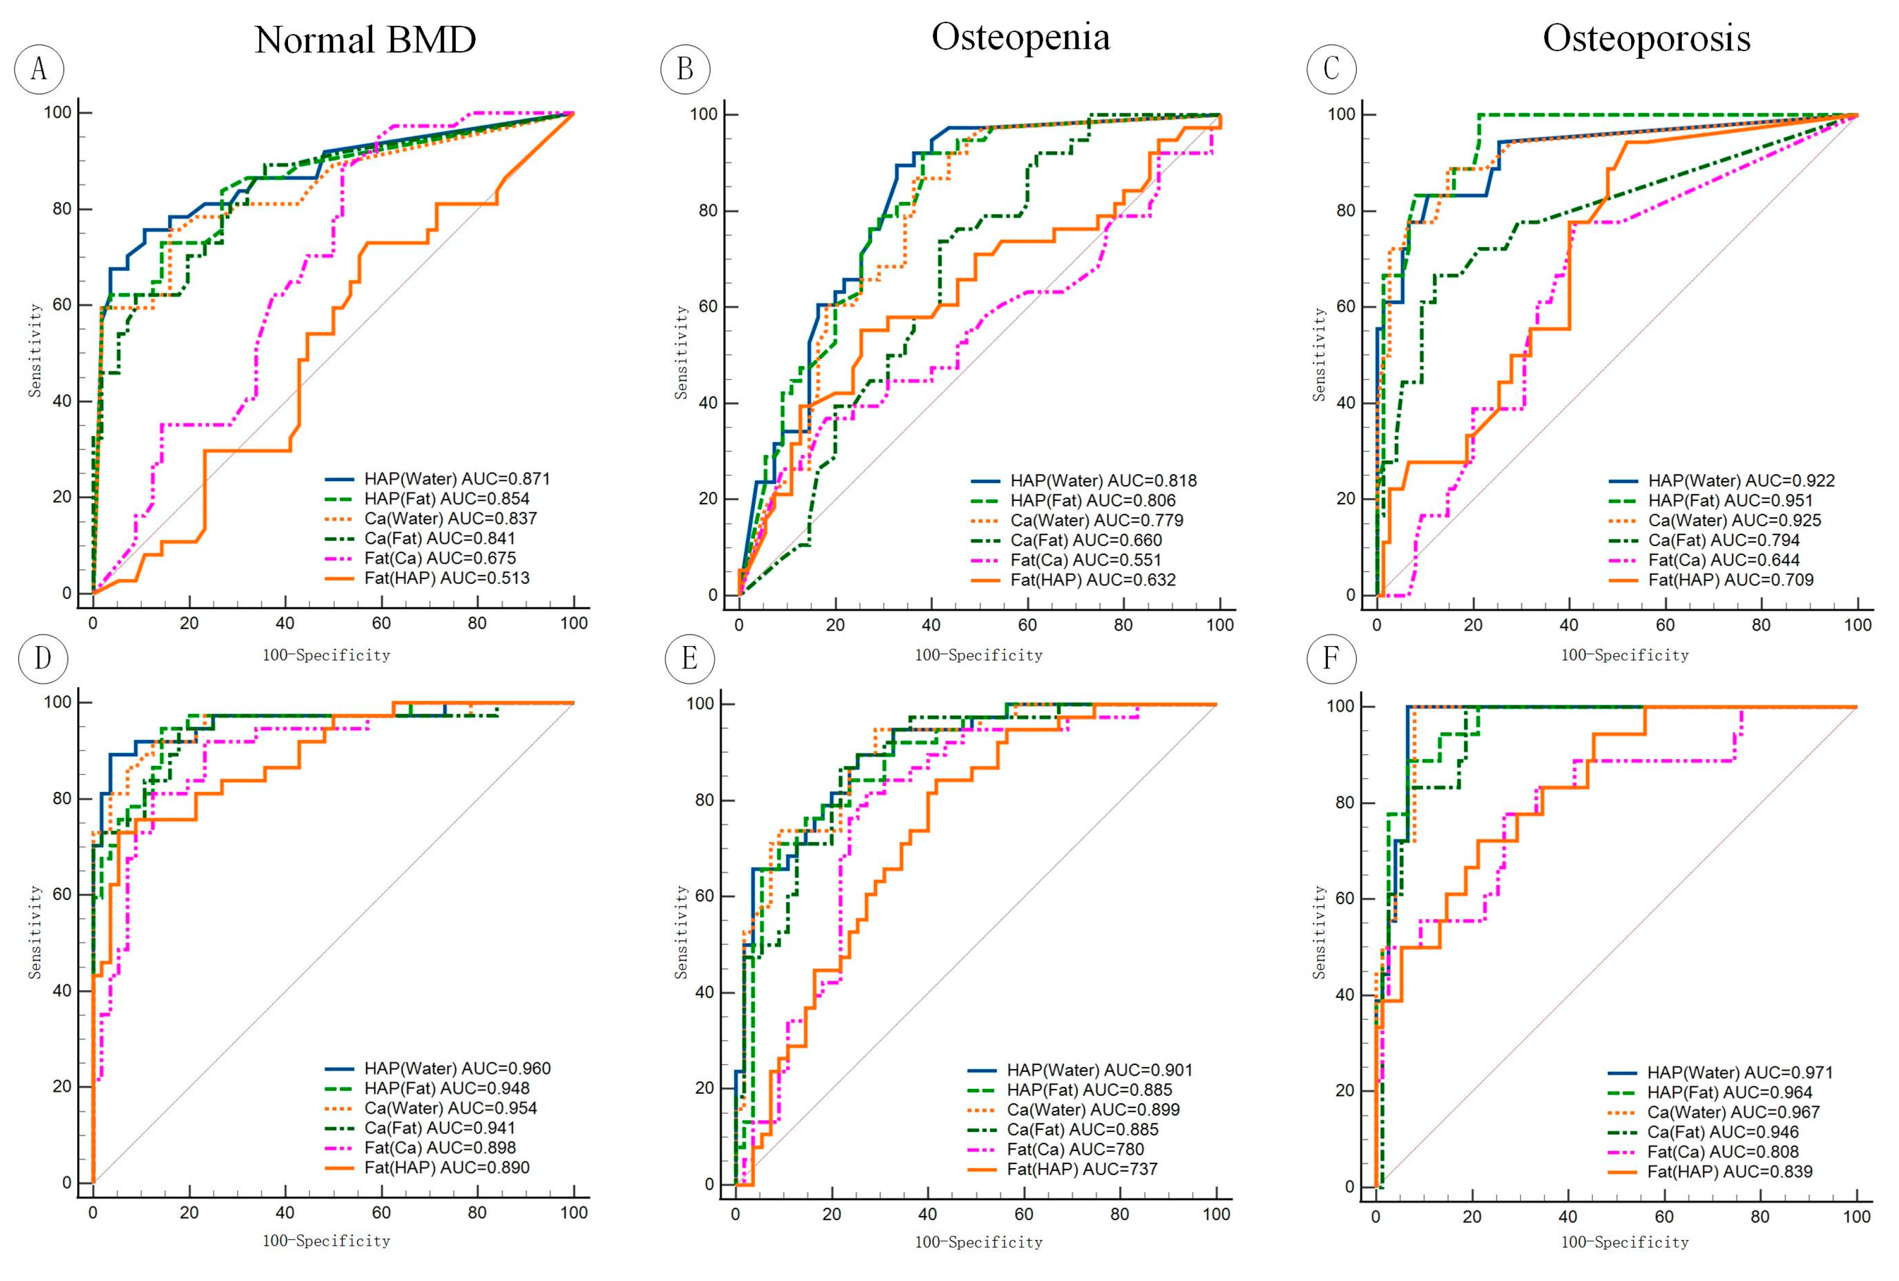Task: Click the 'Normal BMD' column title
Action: coord(365,40)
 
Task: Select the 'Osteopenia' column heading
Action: coord(1021,38)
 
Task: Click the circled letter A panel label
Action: coord(38,69)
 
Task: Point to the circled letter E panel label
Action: coord(689,658)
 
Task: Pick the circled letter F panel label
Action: coord(1331,658)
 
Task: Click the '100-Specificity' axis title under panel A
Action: coord(326,655)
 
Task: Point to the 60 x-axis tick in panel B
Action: coord(1027,625)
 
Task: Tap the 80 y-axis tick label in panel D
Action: coord(62,798)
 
